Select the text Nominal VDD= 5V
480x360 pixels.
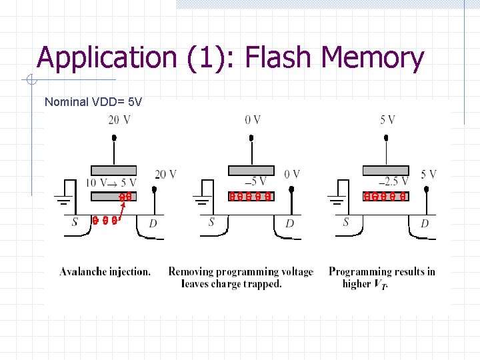[x=93, y=102]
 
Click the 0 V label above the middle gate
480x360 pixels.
[x=253, y=120]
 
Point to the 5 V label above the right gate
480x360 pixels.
[x=387, y=120]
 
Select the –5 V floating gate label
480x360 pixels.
[x=257, y=181]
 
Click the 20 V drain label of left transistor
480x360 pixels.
[x=165, y=174]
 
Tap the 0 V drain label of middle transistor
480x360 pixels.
[x=292, y=174]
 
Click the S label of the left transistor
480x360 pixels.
[x=75, y=223]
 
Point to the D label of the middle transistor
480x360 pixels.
[x=289, y=223]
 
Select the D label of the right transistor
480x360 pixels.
[x=425, y=223]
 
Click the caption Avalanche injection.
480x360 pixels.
[x=105, y=271]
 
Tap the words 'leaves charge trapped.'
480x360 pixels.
[x=231, y=284]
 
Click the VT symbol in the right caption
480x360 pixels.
[x=380, y=285]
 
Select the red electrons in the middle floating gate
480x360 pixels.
[x=250, y=197]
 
